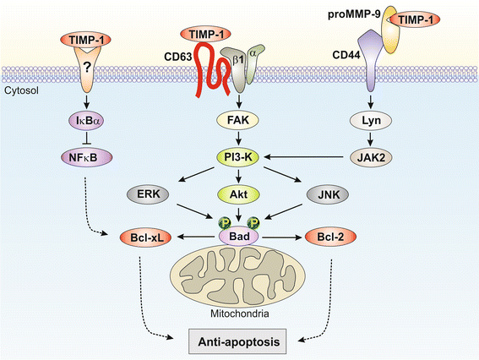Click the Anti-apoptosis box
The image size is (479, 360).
click(239, 340)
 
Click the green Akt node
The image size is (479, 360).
click(238, 196)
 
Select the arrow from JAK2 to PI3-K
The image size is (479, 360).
click(317, 155)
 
